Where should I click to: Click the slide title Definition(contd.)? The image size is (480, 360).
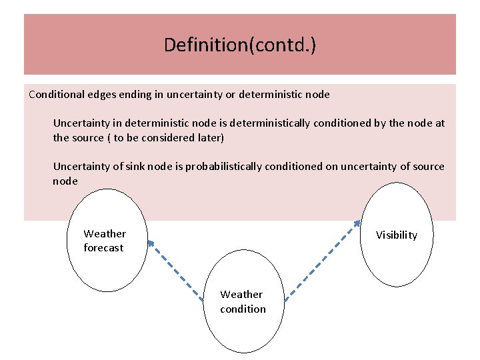pos(240,45)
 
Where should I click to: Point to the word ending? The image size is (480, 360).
pos(138,94)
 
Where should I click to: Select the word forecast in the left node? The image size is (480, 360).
pos(103,248)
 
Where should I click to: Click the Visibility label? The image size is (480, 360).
pos(396,235)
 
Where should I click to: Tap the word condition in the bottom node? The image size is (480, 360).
pos(243,309)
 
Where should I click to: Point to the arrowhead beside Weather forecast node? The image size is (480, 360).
pos(150,243)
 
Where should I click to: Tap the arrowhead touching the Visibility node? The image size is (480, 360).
pos(358,224)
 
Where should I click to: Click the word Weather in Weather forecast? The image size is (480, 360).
pos(105,234)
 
